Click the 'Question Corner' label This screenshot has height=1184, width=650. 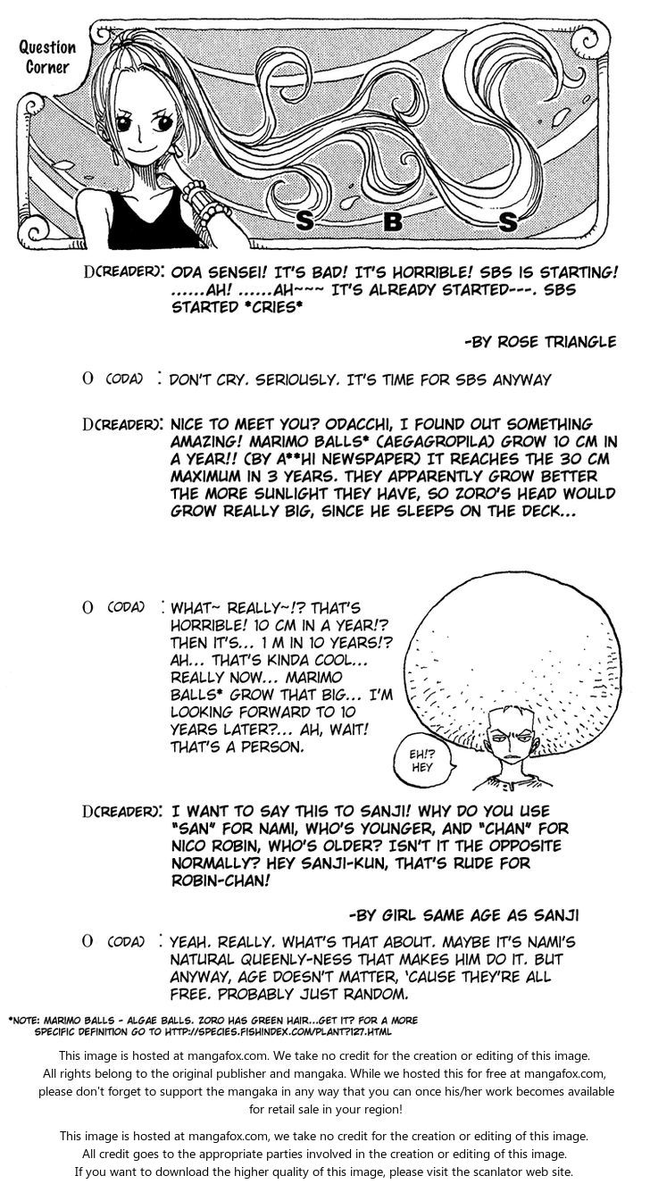[47, 56]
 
